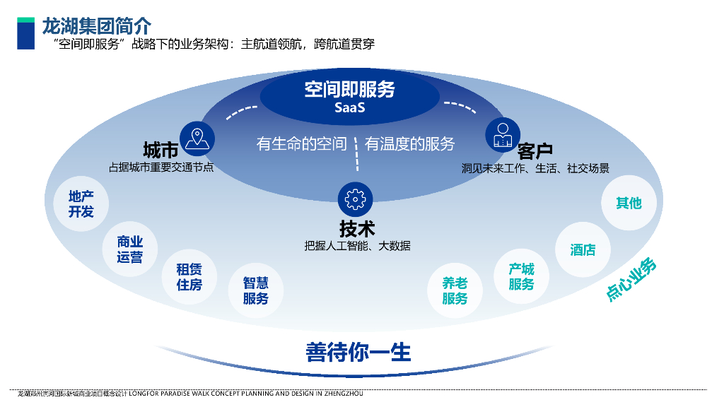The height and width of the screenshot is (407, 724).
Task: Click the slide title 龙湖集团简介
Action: [97, 27]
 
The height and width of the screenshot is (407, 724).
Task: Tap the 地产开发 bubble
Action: [81, 203]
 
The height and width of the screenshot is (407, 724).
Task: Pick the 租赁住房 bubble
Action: [189, 276]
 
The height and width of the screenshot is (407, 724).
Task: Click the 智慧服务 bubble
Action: [255, 290]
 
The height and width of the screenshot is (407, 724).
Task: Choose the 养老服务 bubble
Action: [455, 290]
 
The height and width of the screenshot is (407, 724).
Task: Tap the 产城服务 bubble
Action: [521, 276]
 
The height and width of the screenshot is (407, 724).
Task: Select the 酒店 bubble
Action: [583, 249]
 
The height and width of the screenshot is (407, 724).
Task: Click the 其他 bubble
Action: [629, 203]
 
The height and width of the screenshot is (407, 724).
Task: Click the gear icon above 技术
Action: [355, 200]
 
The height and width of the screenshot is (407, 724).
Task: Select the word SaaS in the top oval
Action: [349, 108]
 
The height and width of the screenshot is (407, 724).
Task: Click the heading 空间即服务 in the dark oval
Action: [349, 90]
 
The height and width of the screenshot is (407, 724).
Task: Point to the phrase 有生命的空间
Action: [301, 144]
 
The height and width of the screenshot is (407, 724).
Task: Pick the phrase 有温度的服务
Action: [410, 144]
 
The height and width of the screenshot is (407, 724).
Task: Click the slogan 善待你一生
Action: [358, 352]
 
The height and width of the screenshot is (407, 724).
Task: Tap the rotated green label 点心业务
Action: [631, 278]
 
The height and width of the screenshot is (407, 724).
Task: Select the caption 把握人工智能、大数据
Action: [357, 246]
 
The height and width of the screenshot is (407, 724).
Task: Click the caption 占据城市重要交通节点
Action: [161, 167]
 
